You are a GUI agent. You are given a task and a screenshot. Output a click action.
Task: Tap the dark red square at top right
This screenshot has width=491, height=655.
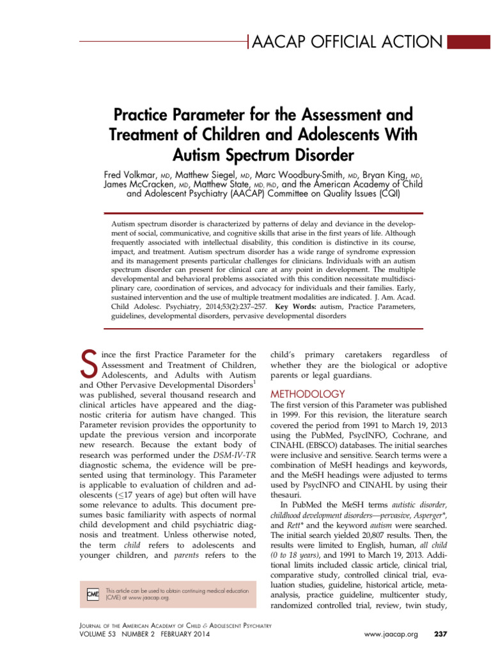(x=467, y=43)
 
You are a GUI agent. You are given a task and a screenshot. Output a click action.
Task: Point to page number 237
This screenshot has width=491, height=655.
(x=442, y=635)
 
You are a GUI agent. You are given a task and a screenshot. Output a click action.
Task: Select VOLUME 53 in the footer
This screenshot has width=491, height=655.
(x=95, y=634)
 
